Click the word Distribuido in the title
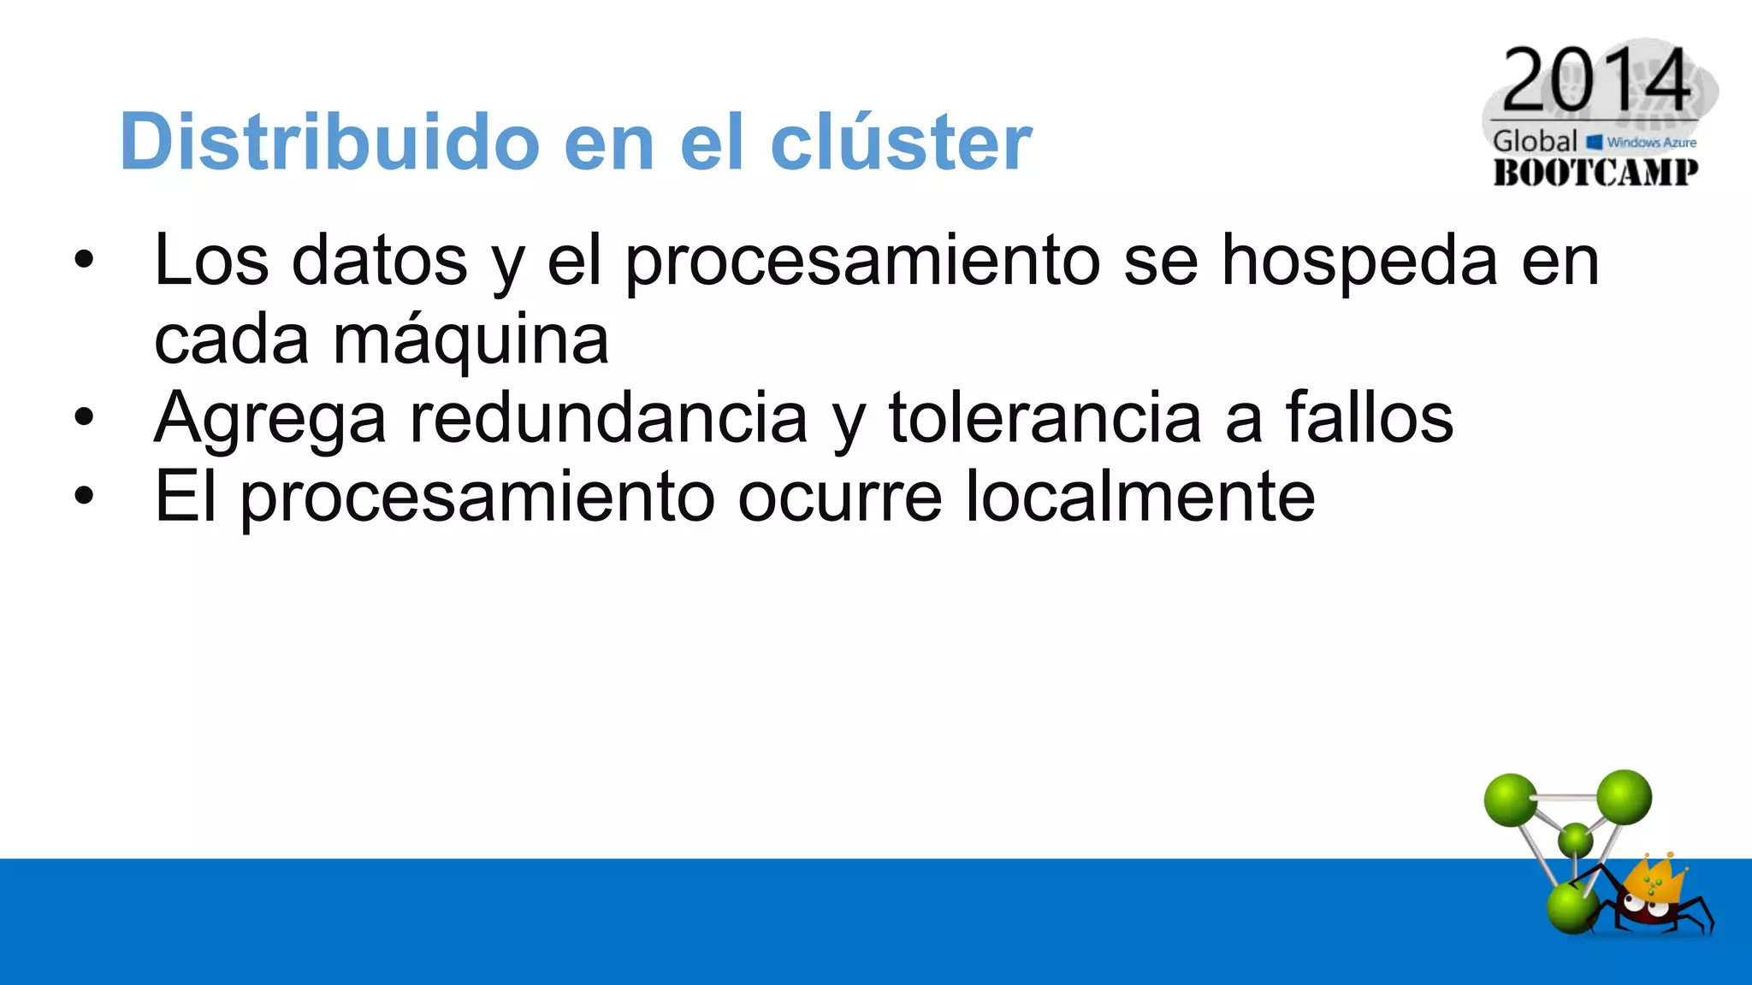329,141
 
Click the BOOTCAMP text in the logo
1595,173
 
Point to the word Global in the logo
1535,142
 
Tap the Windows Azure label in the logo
1650,143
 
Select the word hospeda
1359,261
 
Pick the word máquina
471,340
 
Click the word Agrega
269,419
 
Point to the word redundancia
608,419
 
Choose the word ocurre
839,498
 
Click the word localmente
1140,498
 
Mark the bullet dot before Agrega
83,418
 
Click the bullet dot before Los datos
83,261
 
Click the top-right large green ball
1623,797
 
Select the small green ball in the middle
1575,840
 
